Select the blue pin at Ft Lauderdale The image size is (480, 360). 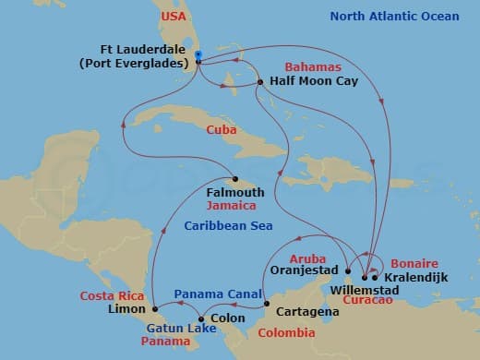(x=198, y=56)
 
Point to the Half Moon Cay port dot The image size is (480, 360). (x=261, y=83)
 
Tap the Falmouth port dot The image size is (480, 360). (x=235, y=179)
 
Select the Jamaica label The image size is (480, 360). (x=232, y=206)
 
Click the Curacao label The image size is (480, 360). (x=365, y=301)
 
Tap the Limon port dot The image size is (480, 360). (x=154, y=308)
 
